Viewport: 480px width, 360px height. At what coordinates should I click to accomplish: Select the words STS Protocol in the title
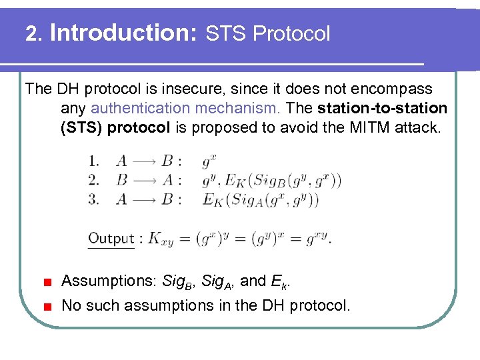pos(267,33)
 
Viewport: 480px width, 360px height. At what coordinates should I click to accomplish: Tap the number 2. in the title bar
pos(34,34)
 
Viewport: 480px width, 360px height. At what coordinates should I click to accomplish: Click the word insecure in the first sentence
pos(218,89)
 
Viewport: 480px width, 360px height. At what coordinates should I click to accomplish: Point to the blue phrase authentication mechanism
pos(187,108)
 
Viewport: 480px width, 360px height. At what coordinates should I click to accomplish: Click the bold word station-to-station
pos(383,108)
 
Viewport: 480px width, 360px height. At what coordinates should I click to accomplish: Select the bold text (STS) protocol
pos(115,127)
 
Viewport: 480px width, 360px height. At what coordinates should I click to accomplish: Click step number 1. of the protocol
pos(94,161)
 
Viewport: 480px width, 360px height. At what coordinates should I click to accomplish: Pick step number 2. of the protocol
pos(94,179)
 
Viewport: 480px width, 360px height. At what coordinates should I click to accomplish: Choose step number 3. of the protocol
pos(94,199)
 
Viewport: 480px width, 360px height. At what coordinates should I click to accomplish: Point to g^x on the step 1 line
pos(208,161)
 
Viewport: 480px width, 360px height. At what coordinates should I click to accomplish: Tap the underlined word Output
pos(111,238)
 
